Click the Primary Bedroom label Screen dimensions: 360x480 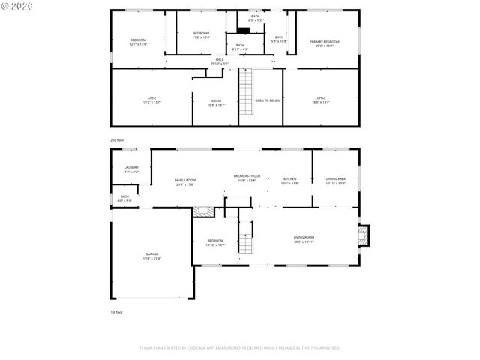[x=325, y=43]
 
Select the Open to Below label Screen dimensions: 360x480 [x=268, y=100]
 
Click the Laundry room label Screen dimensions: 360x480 [x=131, y=169]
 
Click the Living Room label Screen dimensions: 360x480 [x=304, y=239]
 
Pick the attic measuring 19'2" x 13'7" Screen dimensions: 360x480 [x=151, y=100]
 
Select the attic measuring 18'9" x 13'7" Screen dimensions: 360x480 [x=320, y=99]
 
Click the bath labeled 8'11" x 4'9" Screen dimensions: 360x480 [x=240, y=47]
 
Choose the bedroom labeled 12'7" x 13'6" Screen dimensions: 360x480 [x=138, y=42]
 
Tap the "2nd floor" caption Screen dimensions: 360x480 [x=117, y=139]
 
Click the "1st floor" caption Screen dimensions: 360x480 [x=117, y=312]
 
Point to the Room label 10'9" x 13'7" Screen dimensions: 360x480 [x=216, y=102]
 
